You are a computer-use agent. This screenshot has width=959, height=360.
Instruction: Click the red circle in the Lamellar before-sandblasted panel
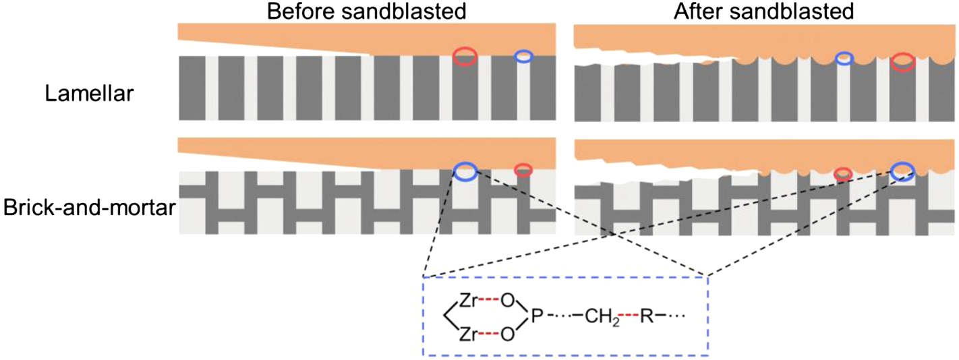[465, 57]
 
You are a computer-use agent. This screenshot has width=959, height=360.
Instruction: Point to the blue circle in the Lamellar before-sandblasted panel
[523, 57]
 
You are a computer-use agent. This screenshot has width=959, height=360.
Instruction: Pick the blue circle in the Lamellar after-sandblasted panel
[843, 59]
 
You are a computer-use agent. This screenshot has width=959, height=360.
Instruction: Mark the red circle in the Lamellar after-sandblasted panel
[903, 63]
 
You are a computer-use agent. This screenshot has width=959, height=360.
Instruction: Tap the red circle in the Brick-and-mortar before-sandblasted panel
[523, 169]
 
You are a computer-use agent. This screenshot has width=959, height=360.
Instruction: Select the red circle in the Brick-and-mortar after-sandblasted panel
[843, 174]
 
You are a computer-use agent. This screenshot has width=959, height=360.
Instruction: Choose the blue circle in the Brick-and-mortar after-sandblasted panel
[902, 173]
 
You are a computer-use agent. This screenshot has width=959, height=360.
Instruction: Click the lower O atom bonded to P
[506, 333]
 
